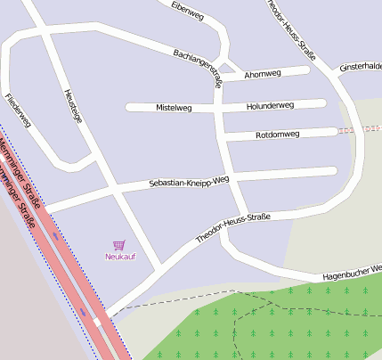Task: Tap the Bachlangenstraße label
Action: point(198,66)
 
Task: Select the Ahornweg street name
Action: point(262,74)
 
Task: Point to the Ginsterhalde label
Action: point(360,67)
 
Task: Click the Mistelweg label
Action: point(174,107)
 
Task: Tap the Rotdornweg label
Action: point(277,135)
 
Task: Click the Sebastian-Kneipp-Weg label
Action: point(189,182)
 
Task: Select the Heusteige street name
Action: point(73,107)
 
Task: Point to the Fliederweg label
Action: point(18,110)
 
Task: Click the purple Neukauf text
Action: point(119,257)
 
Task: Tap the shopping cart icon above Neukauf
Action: point(119,244)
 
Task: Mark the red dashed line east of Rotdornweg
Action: point(359,130)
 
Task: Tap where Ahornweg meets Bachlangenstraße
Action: point(219,77)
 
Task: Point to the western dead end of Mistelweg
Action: point(130,108)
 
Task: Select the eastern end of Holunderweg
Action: point(321,103)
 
